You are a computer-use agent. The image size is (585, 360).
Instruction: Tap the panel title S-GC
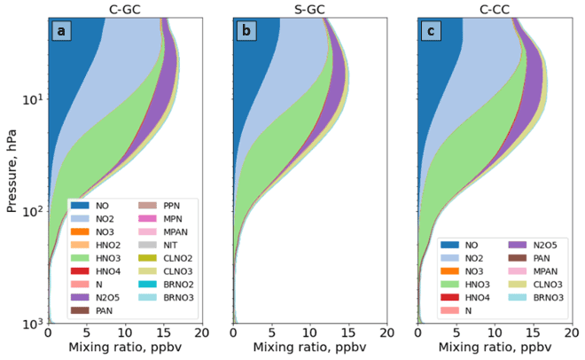pos(309,8)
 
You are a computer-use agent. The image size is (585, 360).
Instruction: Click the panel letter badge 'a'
pos(61,31)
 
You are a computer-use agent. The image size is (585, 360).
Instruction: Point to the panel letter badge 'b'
pos(246,31)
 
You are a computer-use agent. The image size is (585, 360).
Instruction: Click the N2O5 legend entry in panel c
pos(542,243)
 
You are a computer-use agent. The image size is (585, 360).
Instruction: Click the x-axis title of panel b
pos(309,348)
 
